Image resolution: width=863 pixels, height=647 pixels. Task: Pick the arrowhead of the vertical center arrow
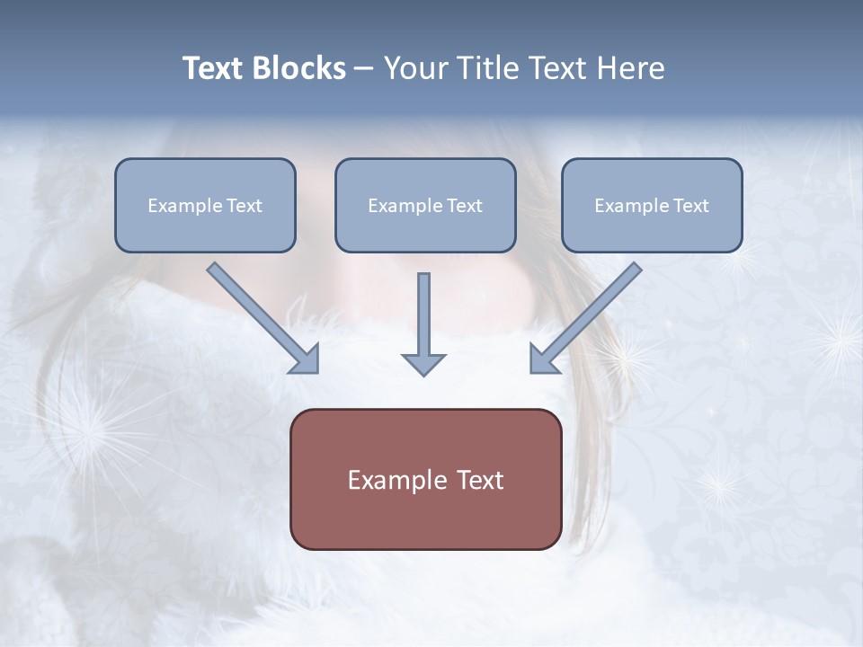click(x=423, y=364)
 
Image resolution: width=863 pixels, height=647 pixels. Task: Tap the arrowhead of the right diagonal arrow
click(x=543, y=359)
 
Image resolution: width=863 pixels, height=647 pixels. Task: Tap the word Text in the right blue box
click(x=690, y=206)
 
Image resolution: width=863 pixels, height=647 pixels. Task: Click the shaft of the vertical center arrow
click(x=423, y=310)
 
